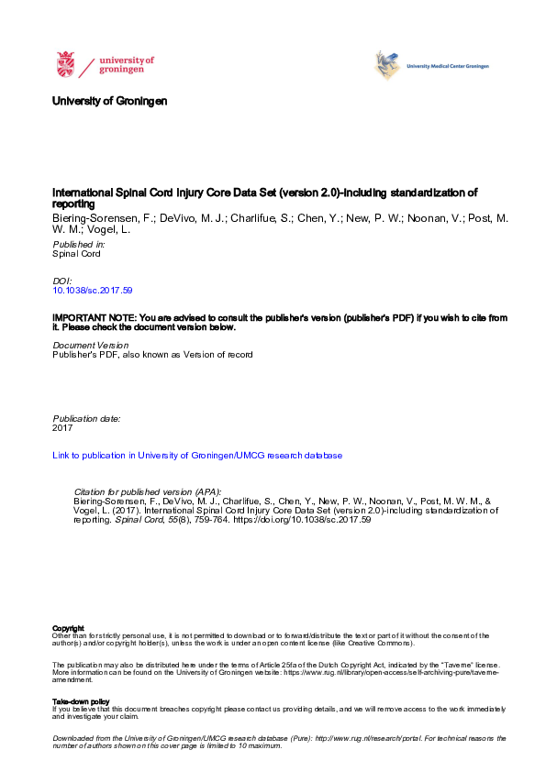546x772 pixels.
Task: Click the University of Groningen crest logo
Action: pyautogui.click(x=65, y=65)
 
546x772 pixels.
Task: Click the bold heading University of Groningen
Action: pyautogui.click(x=110, y=100)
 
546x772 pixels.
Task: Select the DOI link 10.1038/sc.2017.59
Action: pyautogui.click(x=94, y=290)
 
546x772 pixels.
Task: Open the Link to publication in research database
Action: pyautogui.click(x=197, y=455)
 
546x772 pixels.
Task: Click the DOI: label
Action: pyautogui.click(x=63, y=281)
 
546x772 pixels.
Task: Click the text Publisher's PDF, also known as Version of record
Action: pyautogui.click(x=152, y=354)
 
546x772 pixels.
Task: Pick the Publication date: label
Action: pyautogui.click(x=87, y=418)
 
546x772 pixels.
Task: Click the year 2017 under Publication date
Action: pyautogui.click(x=63, y=427)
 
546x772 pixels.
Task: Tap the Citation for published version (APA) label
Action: pyautogui.click(x=147, y=491)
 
